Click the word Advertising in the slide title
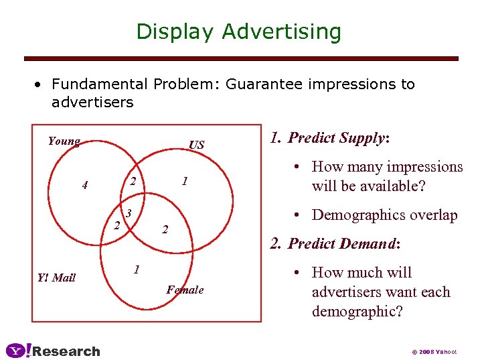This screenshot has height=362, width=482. tap(281, 32)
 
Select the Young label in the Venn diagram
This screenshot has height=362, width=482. tap(64, 141)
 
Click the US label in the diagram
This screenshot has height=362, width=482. tap(197, 145)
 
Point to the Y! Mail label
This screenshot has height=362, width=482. tap(57, 278)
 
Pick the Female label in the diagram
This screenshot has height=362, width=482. tap(185, 290)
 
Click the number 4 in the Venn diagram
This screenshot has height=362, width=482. tap(84, 185)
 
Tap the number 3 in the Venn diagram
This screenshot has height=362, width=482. tap(129, 213)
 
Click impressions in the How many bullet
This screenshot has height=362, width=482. tap(421, 167)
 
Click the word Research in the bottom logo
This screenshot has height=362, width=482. tap(66, 351)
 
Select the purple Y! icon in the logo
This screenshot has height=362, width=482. tap(17, 351)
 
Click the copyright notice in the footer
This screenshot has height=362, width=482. tap(434, 351)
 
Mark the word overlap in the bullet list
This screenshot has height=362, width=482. tap(434, 215)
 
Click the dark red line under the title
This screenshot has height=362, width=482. tap(241, 59)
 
